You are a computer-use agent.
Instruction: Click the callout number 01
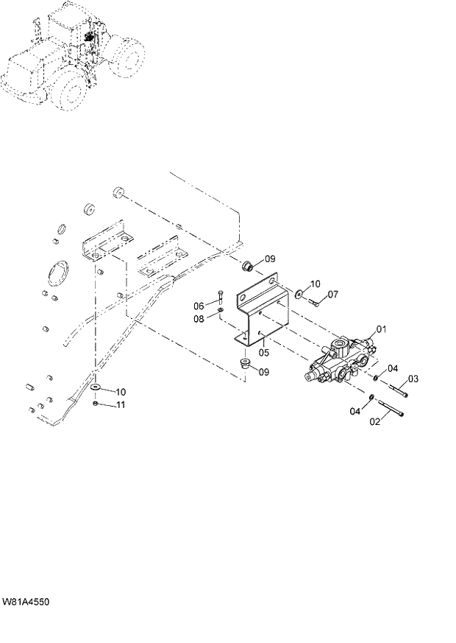click(381, 328)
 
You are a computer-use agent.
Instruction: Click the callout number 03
click(413, 379)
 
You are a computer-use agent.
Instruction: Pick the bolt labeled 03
click(396, 385)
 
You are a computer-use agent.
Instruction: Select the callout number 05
click(263, 353)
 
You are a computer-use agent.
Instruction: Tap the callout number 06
click(199, 306)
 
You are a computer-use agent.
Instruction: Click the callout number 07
click(332, 295)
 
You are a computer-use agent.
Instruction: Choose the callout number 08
click(199, 318)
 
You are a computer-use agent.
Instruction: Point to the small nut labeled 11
click(96, 404)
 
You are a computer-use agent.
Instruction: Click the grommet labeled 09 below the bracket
click(246, 362)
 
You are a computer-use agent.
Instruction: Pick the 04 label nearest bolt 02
click(355, 411)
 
